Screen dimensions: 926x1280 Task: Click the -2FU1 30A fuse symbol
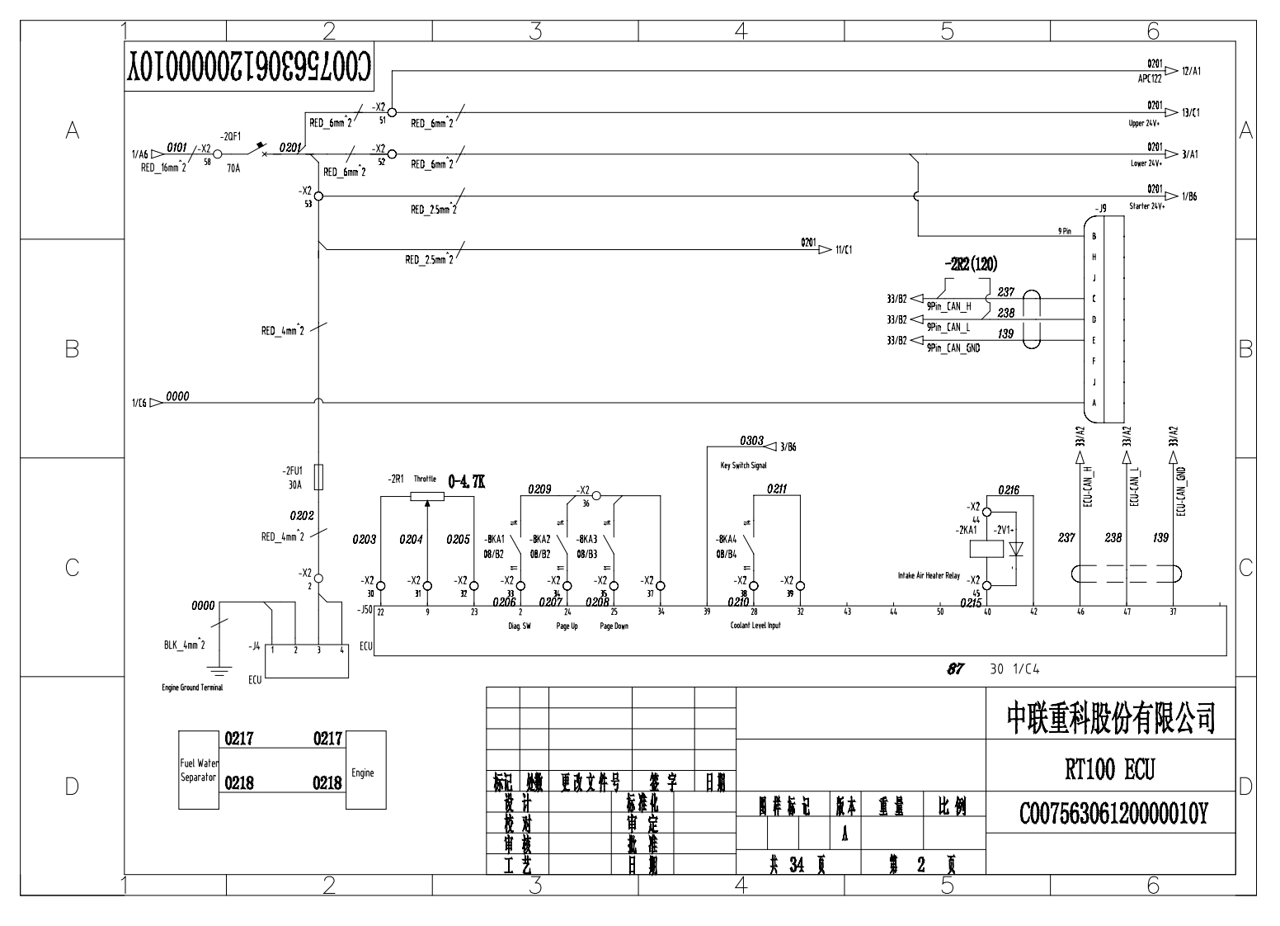click(319, 477)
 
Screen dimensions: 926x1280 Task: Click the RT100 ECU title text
click(1110, 770)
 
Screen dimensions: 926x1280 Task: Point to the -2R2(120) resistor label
click(970, 265)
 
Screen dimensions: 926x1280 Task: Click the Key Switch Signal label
click(743, 465)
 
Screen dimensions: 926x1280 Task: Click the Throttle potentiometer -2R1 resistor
click(427, 496)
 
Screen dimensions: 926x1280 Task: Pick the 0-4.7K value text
click(467, 481)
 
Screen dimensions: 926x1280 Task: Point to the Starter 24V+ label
click(1146, 206)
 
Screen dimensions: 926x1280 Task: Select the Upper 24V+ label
click(1144, 124)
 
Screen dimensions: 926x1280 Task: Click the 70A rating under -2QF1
click(233, 168)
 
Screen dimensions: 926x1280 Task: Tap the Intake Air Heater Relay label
click(929, 576)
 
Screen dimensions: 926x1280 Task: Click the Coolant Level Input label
click(755, 626)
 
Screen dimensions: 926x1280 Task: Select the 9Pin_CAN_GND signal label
click(953, 348)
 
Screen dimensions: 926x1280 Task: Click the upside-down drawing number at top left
click(249, 67)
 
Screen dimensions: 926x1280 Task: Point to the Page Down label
click(614, 626)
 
